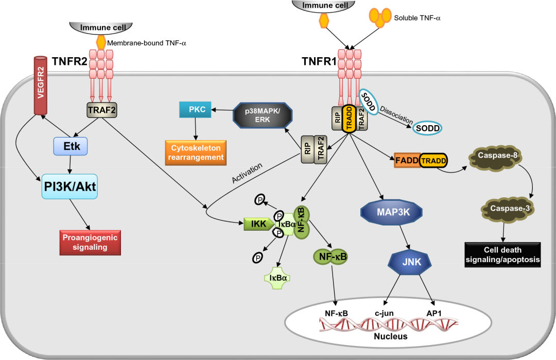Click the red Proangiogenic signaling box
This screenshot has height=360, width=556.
(90, 242)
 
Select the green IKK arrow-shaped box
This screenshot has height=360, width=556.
(257, 224)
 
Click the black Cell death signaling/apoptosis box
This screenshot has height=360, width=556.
(502, 254)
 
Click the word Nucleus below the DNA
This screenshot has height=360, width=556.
(390, 337)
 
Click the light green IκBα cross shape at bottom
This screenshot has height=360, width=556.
(278, 278)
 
